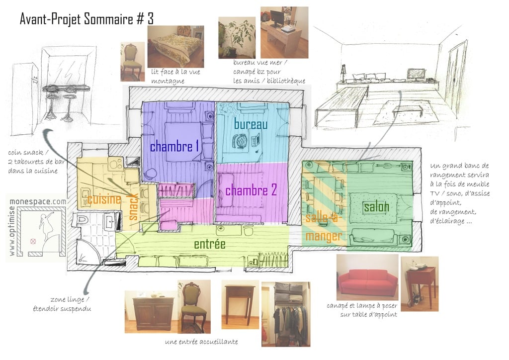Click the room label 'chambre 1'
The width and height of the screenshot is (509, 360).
174,147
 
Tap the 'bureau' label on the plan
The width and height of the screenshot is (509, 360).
251,124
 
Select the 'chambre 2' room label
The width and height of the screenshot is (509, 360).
251,190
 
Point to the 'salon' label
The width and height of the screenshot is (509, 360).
376,207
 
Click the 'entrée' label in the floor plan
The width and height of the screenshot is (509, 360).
210,244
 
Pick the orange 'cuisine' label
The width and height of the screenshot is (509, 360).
104,199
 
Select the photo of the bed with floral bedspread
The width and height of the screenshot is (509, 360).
175,47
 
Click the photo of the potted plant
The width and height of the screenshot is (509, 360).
237,38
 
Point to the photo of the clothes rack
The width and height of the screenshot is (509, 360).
286,314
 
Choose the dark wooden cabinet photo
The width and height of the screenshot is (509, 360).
151,312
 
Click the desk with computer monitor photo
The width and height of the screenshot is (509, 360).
284,32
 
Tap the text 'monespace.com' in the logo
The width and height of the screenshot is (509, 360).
38,201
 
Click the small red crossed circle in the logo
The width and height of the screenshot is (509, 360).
33,241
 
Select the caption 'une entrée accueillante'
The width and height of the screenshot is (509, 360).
201,342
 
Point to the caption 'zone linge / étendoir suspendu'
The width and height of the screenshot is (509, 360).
62,304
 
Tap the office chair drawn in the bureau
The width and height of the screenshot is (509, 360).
241,142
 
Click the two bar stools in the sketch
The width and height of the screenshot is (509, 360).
60,106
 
